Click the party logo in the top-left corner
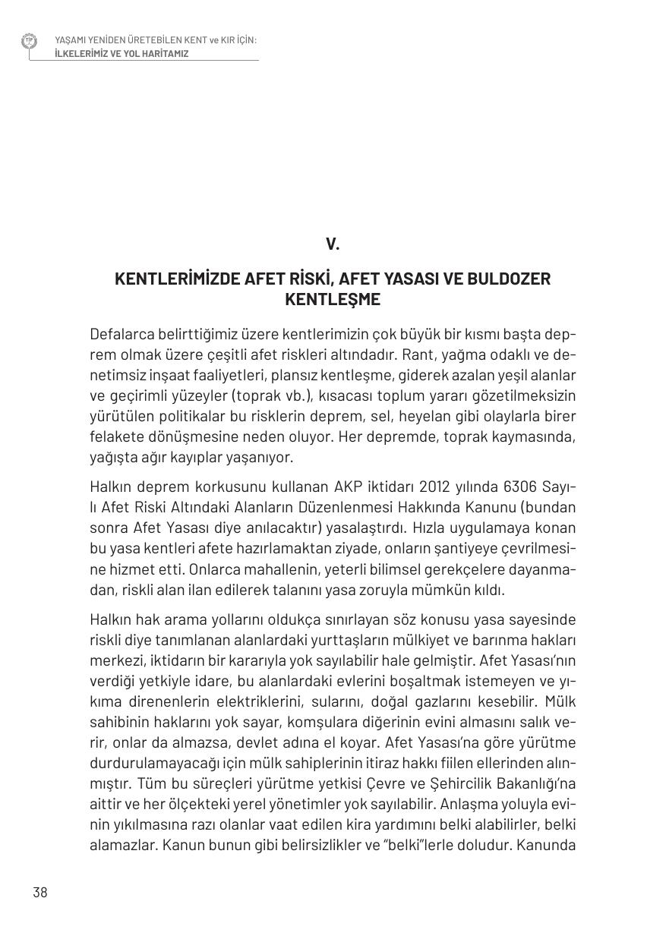29,41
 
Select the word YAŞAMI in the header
72,39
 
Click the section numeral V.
333,244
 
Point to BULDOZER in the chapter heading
510,279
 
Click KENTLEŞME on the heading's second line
333,299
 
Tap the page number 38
40,893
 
